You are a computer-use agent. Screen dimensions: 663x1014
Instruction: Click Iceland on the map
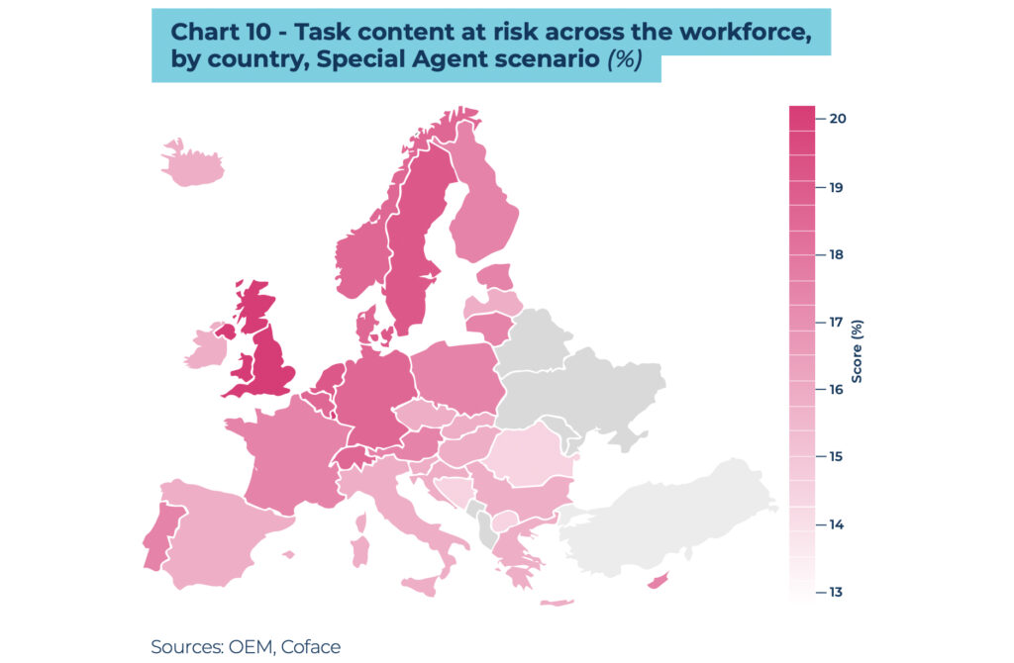click(192, 167)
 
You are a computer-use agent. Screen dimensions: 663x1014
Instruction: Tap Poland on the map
click(456, 376)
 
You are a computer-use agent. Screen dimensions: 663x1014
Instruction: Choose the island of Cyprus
click(657, 582)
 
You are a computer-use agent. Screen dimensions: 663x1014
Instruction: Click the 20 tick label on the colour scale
click(838, 119)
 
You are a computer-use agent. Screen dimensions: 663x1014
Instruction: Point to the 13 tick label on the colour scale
click(838, 592)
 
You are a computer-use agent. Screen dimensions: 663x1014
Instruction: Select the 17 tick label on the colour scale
click(838, 322)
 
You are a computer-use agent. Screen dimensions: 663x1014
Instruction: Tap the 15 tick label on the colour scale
click(838, 457)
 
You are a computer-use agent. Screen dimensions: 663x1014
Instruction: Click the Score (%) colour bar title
click(858, 351)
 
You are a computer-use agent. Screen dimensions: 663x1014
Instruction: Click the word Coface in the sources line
click(310, 647)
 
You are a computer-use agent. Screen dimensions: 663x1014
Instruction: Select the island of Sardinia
click(360, 550)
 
